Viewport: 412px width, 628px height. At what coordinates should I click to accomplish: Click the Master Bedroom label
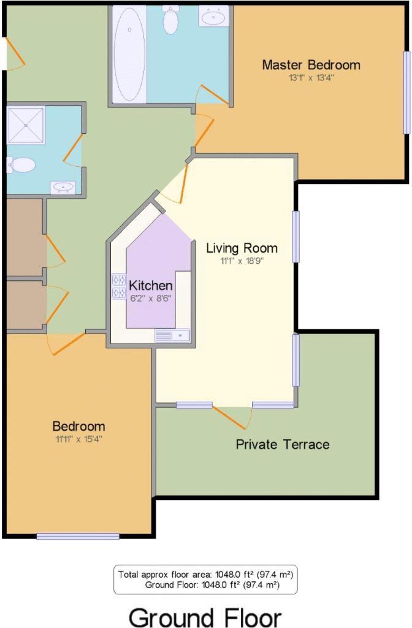[x=311, y=64]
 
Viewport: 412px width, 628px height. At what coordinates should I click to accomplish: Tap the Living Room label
[x=242, y=248]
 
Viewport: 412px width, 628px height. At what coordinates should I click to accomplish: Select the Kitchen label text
[x=150, y=286]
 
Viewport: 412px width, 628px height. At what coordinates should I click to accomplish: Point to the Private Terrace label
[x=283, y=444]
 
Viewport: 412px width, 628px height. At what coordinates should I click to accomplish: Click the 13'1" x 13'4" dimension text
[x=311, y=78]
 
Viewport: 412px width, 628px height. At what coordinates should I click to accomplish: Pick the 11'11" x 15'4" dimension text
[x=78, y=439]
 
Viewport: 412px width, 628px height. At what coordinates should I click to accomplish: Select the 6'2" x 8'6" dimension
[x=150, y=298]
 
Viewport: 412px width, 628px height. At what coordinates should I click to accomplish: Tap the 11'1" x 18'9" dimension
[x=242, y=260]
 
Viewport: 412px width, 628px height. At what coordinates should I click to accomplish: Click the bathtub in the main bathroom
[x=129, y=55]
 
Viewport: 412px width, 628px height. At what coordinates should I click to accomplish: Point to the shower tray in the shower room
[x=26, y=125]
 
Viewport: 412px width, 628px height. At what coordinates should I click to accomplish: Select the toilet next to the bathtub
[x=170, y=21]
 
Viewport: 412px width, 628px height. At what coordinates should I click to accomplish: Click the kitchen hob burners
[x=118, y=287]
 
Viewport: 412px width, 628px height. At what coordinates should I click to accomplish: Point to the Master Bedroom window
[x=406, y=92]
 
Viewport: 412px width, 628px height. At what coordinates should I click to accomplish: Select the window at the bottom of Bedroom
[x=78, y=536]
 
